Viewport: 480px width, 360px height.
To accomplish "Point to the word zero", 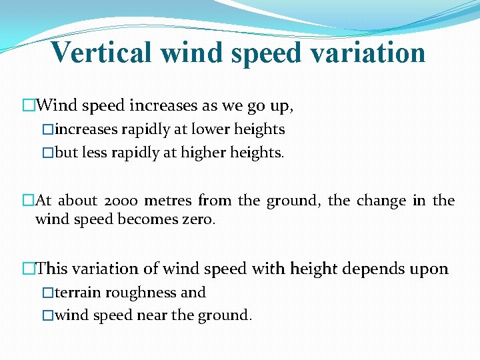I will (x=198, y=219).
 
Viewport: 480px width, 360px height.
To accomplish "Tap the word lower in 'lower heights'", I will (x=209, y=129).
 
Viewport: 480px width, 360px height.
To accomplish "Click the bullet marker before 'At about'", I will (x=27, y=201).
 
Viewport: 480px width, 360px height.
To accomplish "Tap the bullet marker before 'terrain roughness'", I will (x=47, y=293).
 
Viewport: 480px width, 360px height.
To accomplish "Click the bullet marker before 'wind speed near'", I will (x=47, y=315).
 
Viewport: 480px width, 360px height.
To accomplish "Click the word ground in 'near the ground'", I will (x=225, y=315).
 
